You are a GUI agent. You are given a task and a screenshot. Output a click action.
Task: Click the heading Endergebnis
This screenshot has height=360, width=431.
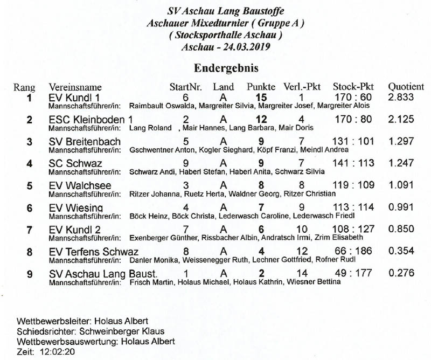click(x=226, y=69)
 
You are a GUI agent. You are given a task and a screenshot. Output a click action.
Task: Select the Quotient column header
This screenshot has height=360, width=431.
click(x=406, y=87)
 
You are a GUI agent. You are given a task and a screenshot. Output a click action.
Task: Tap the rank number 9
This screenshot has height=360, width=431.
click(x=30, y=274)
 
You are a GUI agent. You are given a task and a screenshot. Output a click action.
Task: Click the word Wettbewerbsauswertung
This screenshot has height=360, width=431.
click(x=63, y=342)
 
